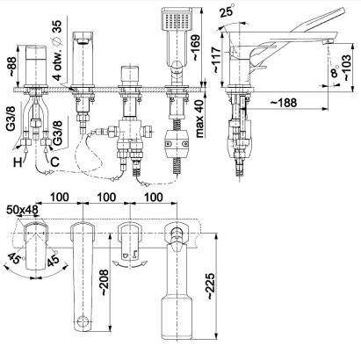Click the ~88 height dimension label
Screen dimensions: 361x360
pos(14,66)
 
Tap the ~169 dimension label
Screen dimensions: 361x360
pos(196,47)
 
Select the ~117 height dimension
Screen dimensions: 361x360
pos(217,60)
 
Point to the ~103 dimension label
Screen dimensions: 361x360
pos(347,68)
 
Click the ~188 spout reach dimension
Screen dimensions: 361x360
pos(283,103)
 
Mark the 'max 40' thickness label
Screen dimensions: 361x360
pos(199,119)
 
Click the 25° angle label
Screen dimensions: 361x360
pos(227,11)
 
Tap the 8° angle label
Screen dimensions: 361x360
pos(335,71)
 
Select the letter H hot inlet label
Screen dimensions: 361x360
pos(18,162)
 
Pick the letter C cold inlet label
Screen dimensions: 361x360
pos(55,162)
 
